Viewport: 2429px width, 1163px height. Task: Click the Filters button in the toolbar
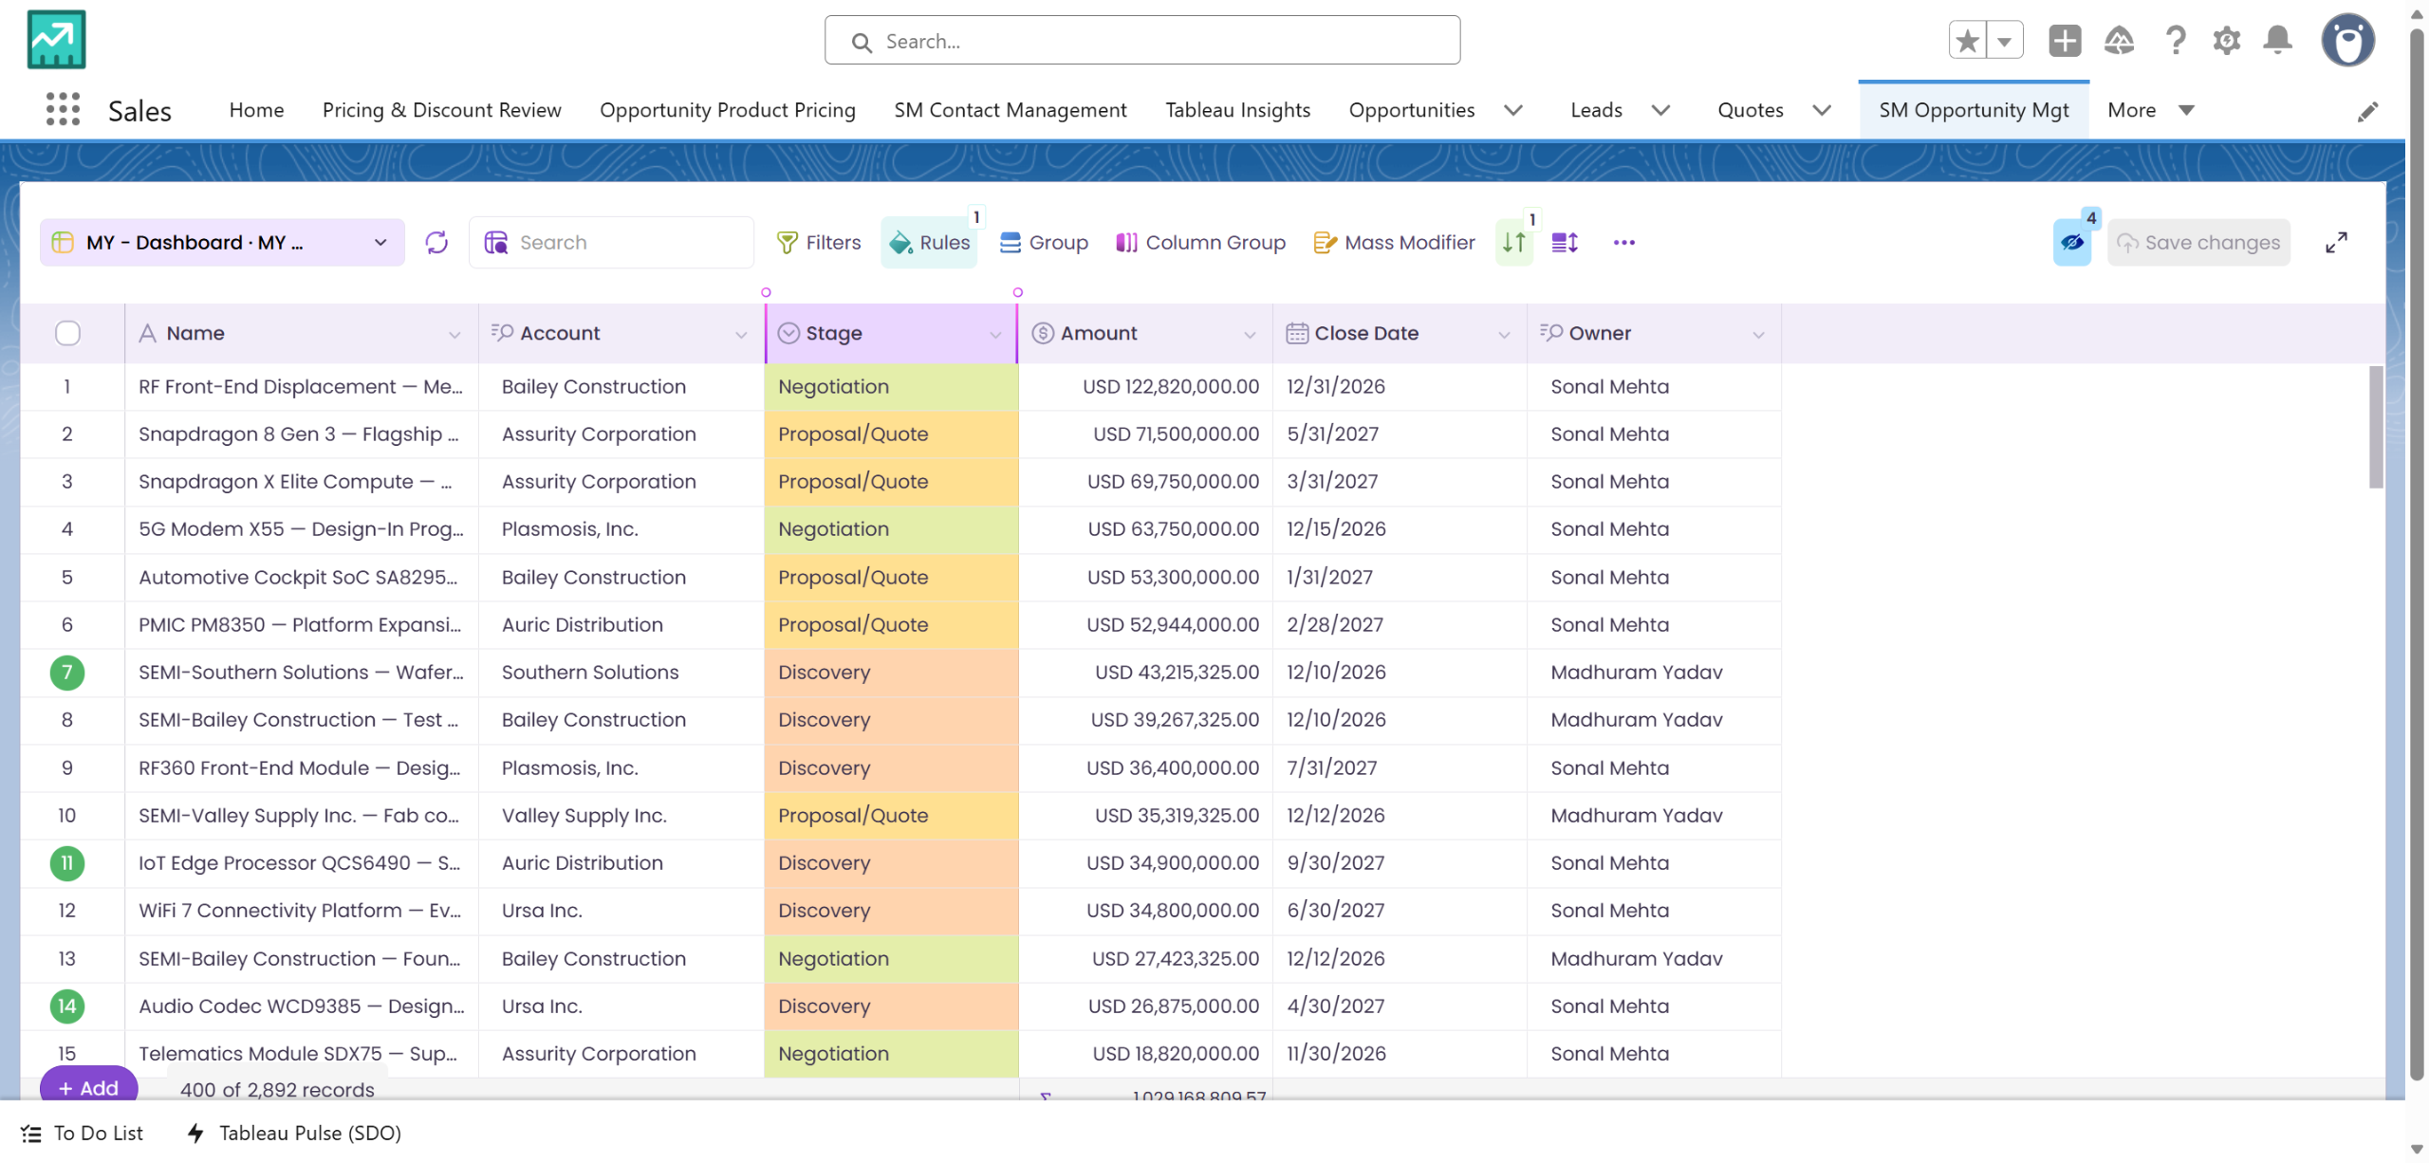(818, 243)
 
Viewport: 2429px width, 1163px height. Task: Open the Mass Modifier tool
(1394, 243)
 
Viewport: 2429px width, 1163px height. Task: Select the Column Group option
(1200, 243)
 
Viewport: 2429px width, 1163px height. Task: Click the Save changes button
(2198, 243)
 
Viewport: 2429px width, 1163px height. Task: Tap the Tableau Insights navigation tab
(1237, 110)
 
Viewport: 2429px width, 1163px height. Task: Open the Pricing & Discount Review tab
(442, 110)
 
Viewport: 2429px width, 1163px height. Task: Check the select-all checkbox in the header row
(67, 333)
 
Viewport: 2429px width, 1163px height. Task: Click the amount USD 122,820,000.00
(1171, 386)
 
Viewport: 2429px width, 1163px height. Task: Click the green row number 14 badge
(67, 1006)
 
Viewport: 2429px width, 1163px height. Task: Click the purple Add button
(88, 1087)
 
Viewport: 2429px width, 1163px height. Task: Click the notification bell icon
(2277, 41)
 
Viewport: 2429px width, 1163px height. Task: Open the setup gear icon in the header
(2226, 41)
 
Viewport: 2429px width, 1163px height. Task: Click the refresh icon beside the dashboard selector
(436, 243)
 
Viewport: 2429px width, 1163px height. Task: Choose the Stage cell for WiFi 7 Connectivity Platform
(891, 911)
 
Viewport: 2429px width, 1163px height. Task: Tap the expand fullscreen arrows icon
(2336, 243)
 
